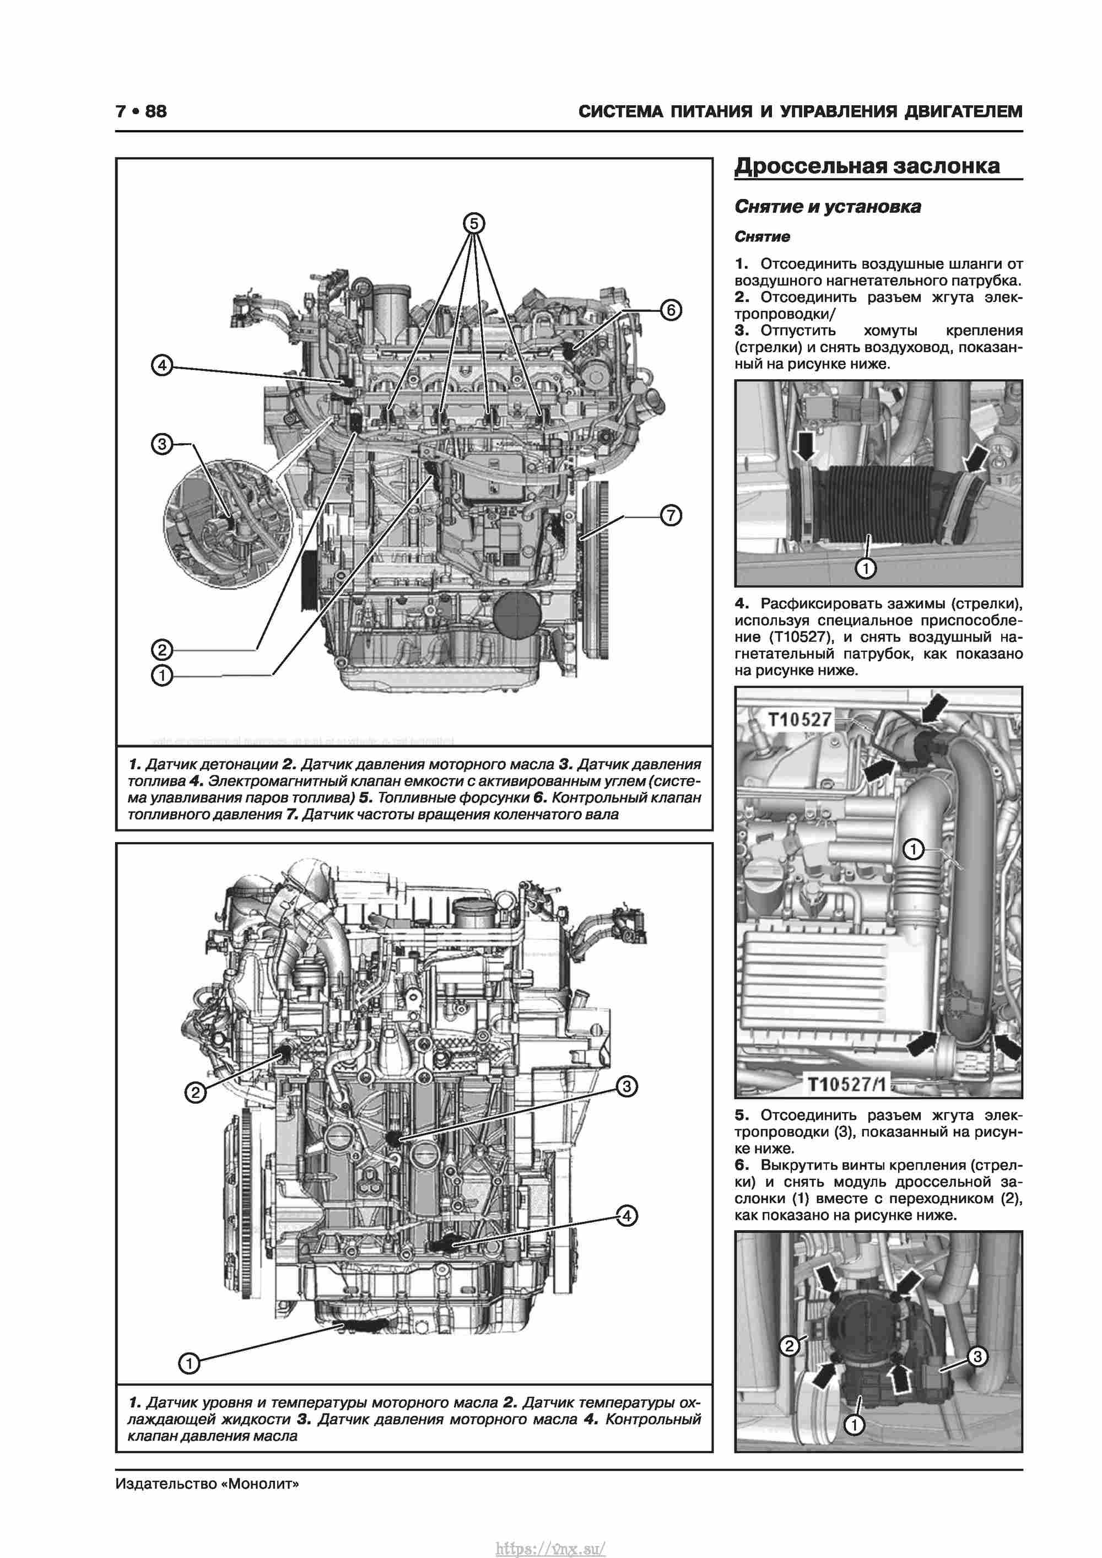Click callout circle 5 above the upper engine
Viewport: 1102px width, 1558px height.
click(x=474, y=223)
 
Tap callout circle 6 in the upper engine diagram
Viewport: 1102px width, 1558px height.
click(x=671, y=310)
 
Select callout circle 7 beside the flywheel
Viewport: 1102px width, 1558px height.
click(x=671, y=516)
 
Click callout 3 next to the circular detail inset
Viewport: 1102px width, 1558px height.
click(x=161, y=444)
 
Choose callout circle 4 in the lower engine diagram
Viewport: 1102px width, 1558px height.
click(x=626, y=1216)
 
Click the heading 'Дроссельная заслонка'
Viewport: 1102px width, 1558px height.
click(x=867, y=166)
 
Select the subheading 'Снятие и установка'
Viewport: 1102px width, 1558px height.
click(x=828, y=207)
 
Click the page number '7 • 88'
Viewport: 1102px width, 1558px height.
click(x=141, y=111)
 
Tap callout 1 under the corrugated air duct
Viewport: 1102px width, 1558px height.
click(x=866, y=568)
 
